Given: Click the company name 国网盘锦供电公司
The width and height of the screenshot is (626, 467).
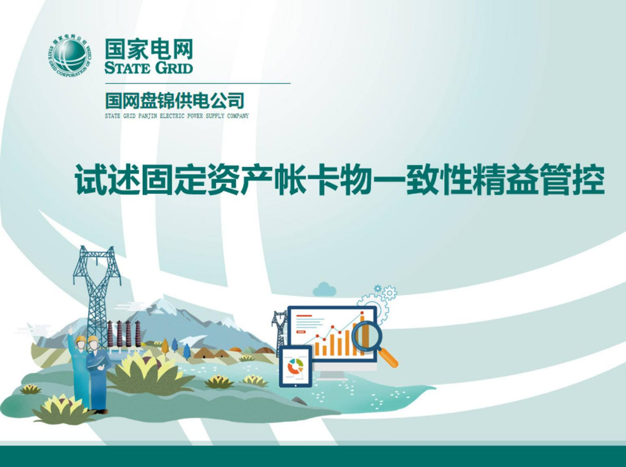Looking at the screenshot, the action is (174, 101).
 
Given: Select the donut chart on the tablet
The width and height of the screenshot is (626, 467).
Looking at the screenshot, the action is (295, 366).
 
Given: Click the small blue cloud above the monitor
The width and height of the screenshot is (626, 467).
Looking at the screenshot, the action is (324, 289).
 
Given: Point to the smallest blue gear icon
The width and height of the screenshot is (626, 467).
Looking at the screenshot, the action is (377, 288).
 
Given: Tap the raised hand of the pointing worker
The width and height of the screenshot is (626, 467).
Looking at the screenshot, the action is (71, 330).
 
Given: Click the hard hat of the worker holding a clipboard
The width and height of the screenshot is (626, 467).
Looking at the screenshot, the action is (93, 340).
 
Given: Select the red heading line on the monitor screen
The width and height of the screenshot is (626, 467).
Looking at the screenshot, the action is (304, 315).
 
